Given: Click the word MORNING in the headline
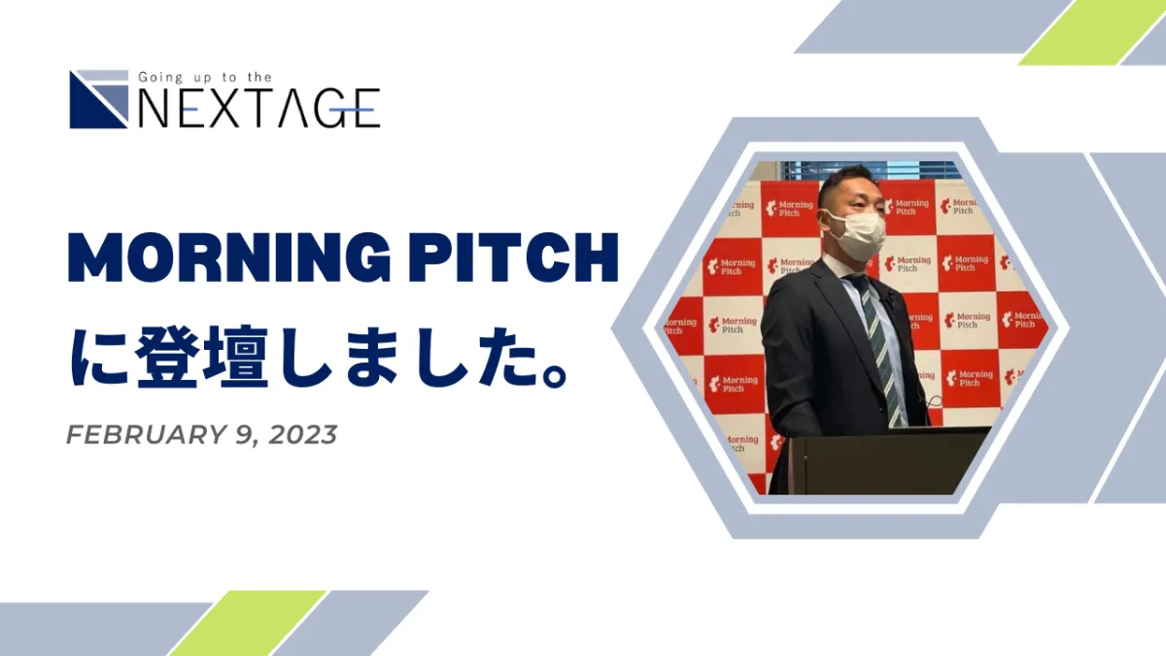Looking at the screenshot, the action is (229, 258).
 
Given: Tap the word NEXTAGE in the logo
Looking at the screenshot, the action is (259, 108).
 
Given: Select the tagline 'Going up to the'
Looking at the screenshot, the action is (205, 78).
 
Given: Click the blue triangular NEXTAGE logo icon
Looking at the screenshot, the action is (99, 99).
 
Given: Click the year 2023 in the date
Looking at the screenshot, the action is (303, 434).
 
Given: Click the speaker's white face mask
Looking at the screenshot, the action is (857, 235).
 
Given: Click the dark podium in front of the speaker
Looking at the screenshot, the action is (879, 461).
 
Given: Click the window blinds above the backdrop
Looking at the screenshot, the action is (869, 170).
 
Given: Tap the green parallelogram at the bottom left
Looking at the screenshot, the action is (248, 623).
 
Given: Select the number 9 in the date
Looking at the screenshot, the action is (244, 434).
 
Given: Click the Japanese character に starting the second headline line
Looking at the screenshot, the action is (99, 357).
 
